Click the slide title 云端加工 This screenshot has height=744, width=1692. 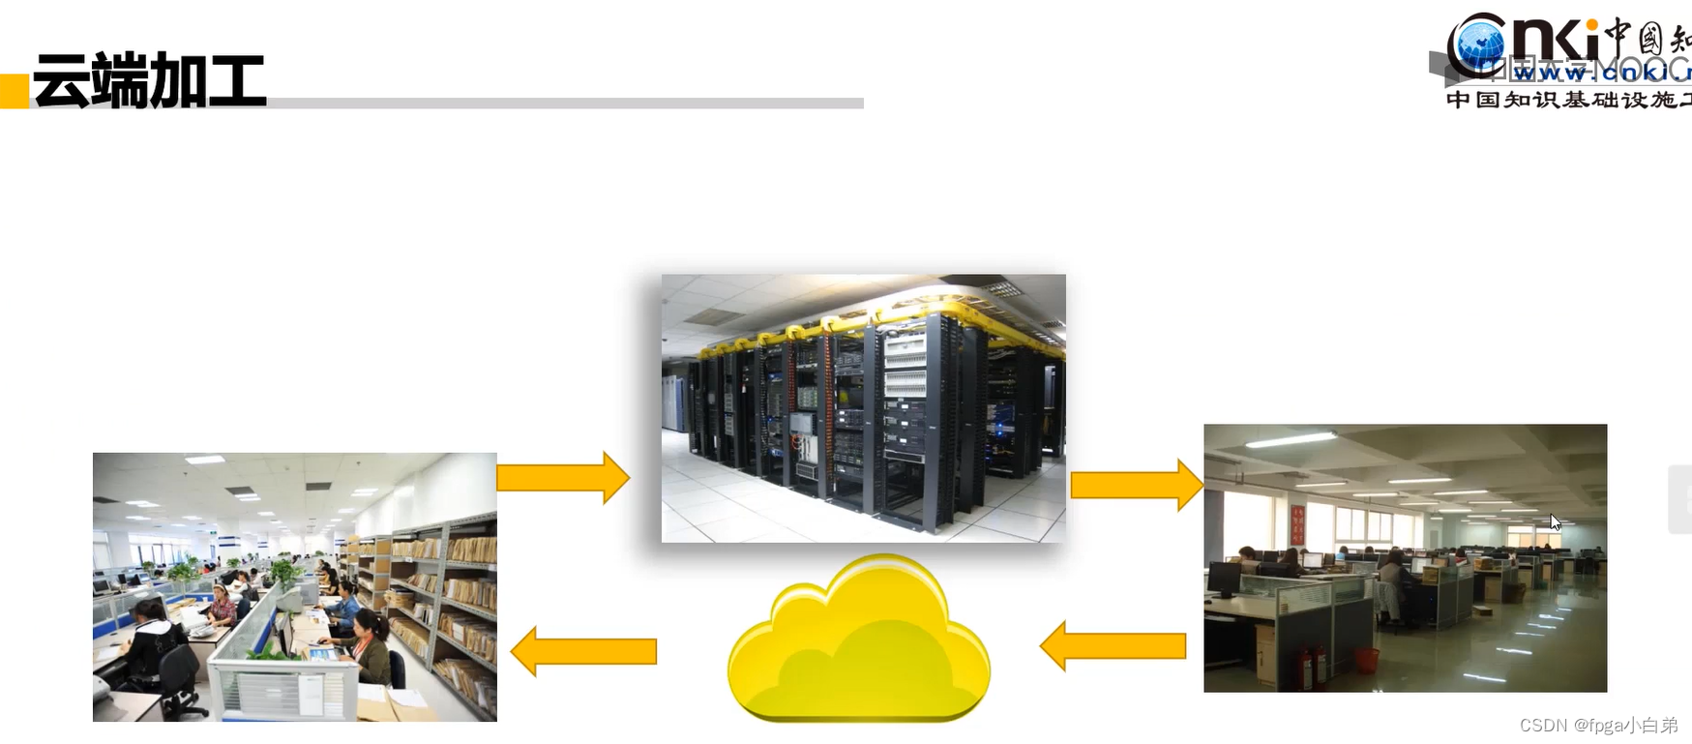pos(149,80)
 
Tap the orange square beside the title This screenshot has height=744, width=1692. pos(15,90)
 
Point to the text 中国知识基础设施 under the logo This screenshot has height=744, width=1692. pos(1567,100)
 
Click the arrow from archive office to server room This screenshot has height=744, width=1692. pos(563,477)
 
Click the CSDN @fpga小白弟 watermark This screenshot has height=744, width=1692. pos(1598,725)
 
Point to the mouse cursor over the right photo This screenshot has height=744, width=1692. pos(1555,522)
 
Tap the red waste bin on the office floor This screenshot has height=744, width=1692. pos(1366,660)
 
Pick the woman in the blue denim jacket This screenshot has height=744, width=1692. pos(343,605)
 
